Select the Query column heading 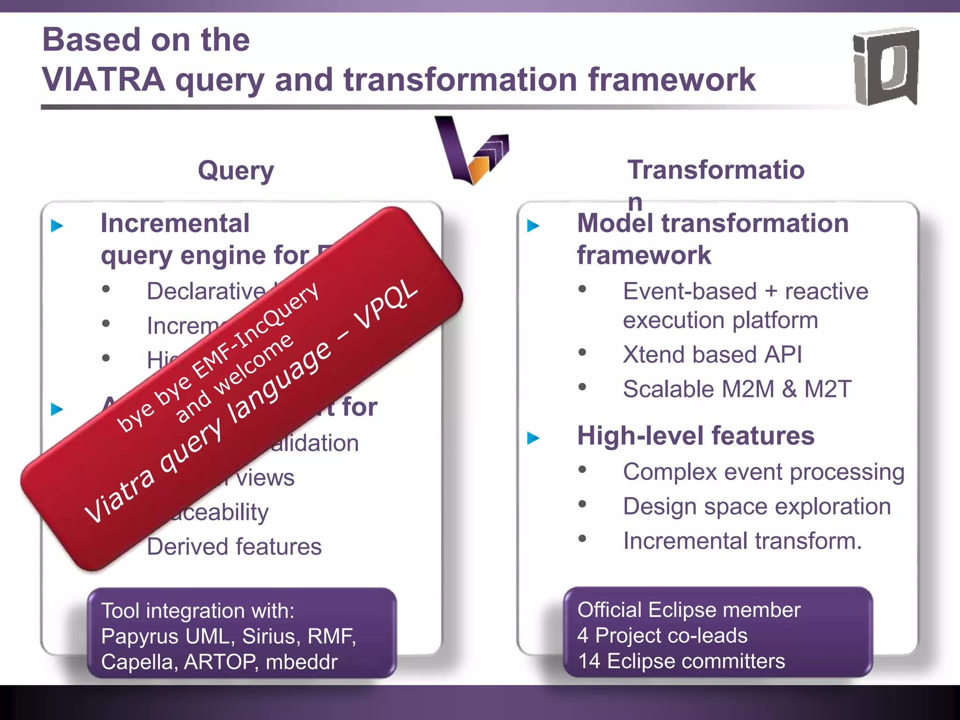pos(236,170)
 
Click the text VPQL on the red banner pos(386,305)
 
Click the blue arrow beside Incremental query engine pos(57,226)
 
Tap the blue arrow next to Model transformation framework pos(533,226)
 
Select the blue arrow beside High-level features pos(533,438)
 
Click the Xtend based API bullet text pos(712,354)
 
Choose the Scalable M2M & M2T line pos(736,389)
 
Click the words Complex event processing pos(763,472)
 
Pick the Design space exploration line pos(757,506)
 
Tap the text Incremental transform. pos(742,541)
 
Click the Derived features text pos(234,547)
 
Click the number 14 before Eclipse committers pos(589,661)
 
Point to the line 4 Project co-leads pos(662,636)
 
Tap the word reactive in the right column pos(826,291)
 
